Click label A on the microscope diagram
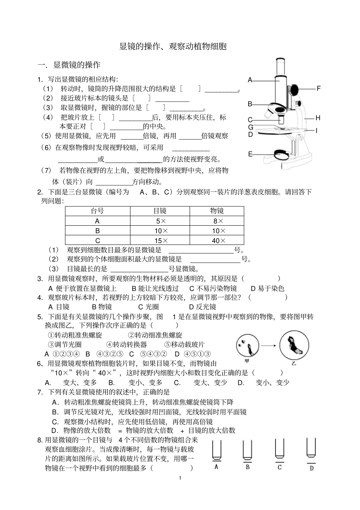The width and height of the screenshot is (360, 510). (x=250, y=80)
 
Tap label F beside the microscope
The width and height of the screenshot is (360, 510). (x=319, y=89)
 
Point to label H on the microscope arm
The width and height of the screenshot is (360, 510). (x=318, y=118)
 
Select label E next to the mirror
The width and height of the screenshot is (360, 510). (x=250, y=154)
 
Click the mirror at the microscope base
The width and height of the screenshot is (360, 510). (x=281, y=154)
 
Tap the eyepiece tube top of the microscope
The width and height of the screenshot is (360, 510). (x=280, y=61)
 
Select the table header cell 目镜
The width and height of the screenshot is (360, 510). (x=160, y=211)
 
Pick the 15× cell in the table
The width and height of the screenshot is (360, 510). (x=160, y=240)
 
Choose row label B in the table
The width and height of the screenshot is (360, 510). (x=97, y=231)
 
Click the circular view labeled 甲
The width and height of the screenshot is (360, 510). (x=247, y=345)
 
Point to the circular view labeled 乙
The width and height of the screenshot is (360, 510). (x=293, y=345)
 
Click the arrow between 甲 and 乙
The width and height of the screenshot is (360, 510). (x=270, y=345)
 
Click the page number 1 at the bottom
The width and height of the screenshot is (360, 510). (x=180, y=478)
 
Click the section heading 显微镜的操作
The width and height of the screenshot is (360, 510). (x=77, y=65)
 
